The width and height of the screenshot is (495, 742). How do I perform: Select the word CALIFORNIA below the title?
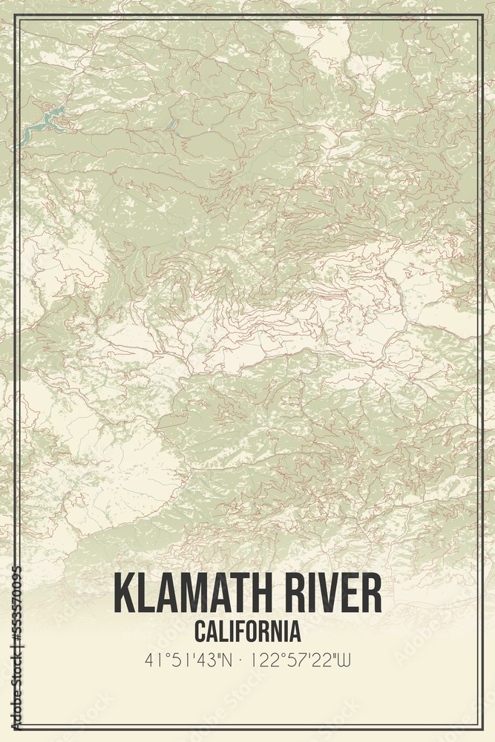point(248,631)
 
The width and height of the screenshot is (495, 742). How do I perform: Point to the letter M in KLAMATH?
point(195,593)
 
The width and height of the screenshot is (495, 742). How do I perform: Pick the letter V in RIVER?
point(332,593)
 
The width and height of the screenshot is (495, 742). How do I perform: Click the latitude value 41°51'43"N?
point(187,659)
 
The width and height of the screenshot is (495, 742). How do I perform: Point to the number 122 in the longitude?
point(261,659)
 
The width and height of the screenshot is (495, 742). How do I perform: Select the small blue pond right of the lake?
point(174,124)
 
